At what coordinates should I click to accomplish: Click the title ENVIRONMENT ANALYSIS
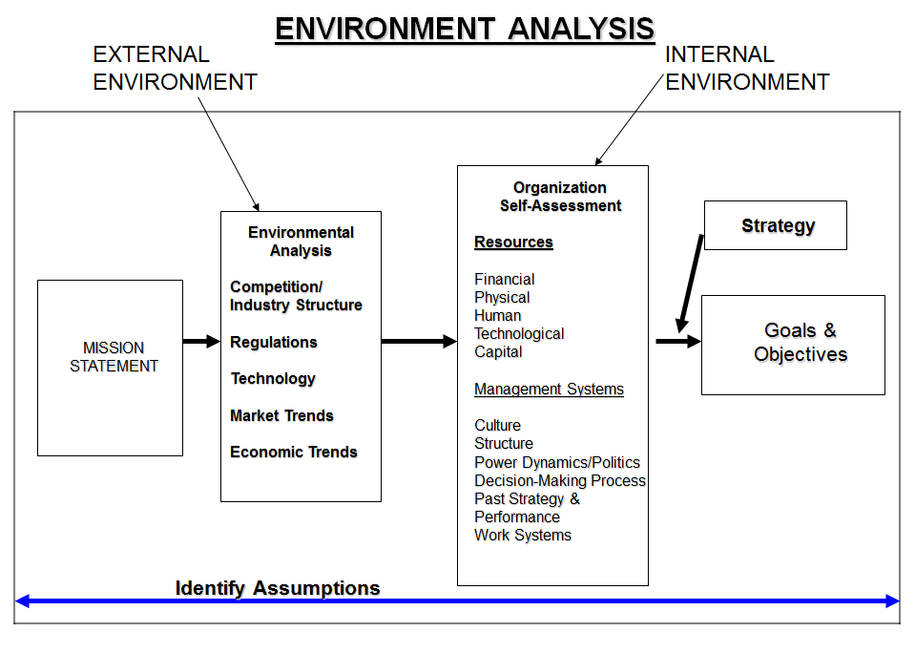click(465, 29)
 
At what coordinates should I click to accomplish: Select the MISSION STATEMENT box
click(111, 368)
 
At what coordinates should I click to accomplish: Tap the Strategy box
click(775, 225)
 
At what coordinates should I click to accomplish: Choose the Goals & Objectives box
click(793, 344)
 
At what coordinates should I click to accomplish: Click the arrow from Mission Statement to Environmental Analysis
click(200, 341)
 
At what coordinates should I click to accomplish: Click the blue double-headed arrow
click(458, 601)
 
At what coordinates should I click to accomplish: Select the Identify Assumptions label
click(278, 588)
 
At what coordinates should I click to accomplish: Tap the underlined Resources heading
click(513, 242)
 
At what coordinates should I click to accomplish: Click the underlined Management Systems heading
click(549, 390)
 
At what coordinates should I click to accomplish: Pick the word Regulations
click(274, 342)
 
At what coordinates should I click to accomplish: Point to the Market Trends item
click(281, 415)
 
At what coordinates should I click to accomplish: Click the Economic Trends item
click(294, 452)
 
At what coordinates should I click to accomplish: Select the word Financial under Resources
click(504, 280)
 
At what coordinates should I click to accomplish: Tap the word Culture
click(497, 425)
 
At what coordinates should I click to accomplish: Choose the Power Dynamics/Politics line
click(557, 462)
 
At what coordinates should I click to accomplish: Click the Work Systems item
click(523, 535)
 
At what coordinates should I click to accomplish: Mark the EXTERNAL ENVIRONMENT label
click(175, 69)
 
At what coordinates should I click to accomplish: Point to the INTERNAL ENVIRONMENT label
click(747, 69)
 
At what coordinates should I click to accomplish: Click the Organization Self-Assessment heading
click(560, 197)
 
